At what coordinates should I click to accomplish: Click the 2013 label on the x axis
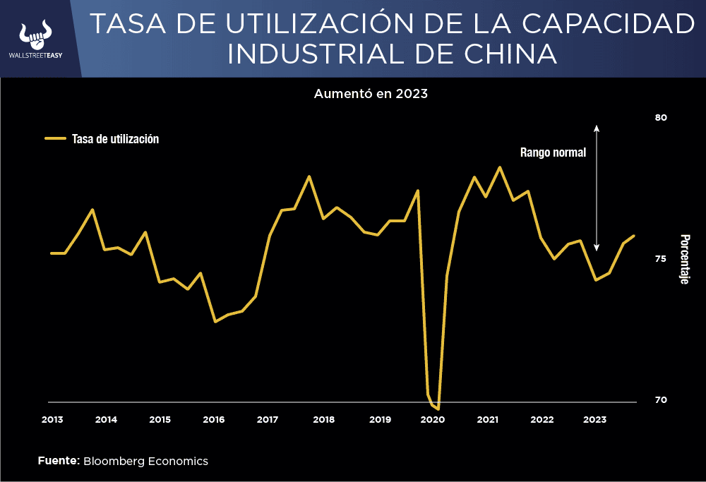coord(52,419)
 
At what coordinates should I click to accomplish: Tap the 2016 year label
coord(214,419)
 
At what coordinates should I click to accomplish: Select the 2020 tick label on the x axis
coord(432,419)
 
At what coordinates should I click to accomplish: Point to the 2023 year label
coord(594,419)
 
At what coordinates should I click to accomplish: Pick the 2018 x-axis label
coord(323,419)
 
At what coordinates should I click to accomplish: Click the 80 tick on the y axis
coord(661,118)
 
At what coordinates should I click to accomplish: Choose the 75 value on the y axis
coord(661,258)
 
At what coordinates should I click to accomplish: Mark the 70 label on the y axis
coord(661,399)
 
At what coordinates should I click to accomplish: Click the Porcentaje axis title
coord(683,259)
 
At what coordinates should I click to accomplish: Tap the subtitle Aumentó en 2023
coord(371,93)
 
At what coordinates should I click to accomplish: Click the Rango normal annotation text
coord(553,152)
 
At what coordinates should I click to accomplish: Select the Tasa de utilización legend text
coord(115,139)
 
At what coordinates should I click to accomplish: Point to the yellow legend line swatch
coord(55,139)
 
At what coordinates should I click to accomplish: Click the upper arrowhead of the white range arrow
coord(597,128)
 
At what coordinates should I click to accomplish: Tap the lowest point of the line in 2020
coord(438,409)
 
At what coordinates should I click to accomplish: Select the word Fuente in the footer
coord(58,461)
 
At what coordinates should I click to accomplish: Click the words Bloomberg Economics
coord(145,461)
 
